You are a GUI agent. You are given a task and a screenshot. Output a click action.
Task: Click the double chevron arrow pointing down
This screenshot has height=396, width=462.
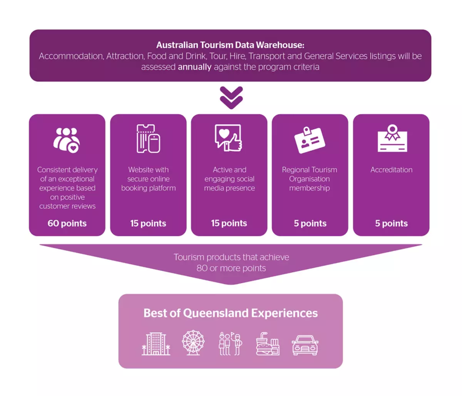(231, 97)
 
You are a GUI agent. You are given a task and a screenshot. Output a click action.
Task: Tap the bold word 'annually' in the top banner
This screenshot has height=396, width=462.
(194, 67)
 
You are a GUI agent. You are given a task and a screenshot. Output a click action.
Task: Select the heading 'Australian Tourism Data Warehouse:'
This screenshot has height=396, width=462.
(230, 45)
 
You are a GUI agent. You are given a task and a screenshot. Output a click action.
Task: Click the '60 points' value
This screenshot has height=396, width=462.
(67, 223)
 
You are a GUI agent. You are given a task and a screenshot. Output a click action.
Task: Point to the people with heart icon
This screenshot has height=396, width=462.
(67, 140)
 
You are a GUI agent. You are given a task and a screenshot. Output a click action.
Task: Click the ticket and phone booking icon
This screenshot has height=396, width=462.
(148, 139)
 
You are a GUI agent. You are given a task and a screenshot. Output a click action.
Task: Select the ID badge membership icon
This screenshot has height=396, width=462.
(310, 140)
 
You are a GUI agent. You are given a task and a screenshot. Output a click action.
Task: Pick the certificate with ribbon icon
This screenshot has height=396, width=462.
(392, 138)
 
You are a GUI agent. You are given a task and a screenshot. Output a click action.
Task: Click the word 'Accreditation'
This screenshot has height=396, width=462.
(391, 170)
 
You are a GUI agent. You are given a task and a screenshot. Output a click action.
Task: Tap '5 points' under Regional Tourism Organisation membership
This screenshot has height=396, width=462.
(310, 223)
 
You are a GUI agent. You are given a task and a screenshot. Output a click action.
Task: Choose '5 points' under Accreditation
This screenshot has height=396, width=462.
(391, 223)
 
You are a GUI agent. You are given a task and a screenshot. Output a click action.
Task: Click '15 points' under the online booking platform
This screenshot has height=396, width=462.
(148, 223)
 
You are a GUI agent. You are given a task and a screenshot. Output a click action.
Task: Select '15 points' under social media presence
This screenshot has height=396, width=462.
(229, 223)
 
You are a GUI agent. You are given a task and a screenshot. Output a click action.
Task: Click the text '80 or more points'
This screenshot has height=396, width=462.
(231, 268)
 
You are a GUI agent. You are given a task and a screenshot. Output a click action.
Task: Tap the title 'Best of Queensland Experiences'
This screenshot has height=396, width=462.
(231, 313)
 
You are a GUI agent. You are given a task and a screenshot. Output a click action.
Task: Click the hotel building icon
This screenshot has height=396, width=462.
(156, 344)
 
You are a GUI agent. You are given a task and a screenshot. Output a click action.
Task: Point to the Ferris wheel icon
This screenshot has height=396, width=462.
(193, 343)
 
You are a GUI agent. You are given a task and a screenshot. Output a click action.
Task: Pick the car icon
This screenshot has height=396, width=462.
(305, 345)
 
